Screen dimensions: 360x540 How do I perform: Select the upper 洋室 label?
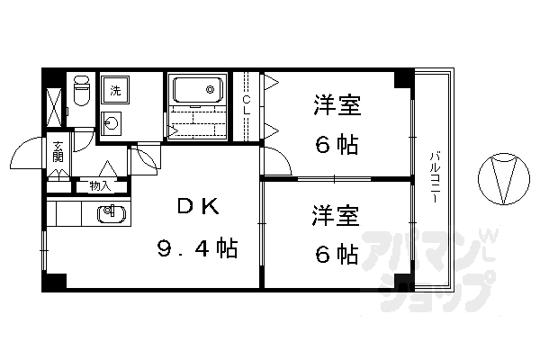(337, 106)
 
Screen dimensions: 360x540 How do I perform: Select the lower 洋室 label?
(337, 216)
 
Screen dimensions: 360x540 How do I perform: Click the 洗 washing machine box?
(115, 90)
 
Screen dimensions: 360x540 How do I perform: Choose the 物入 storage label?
(100, 186)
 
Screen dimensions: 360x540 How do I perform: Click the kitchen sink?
(109, 214)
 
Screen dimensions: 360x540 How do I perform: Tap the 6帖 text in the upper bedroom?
(337, 144)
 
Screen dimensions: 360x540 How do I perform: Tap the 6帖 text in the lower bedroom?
(337, 255)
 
